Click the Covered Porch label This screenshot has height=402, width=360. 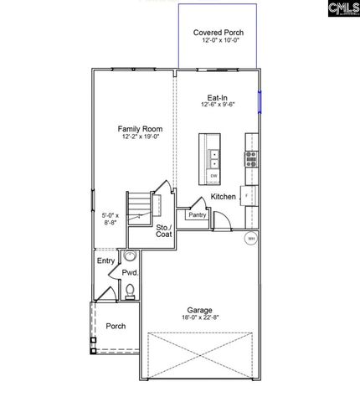[x=219, y=33]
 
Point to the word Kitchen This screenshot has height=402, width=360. [x=224, y=196]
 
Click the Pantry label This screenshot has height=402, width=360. [x=198, y=215]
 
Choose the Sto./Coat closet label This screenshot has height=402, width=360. [x=163, y=231]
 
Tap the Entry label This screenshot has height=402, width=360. [x=105, y=261]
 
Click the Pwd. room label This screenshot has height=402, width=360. [x=130, y=273]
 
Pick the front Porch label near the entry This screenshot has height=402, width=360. [x=116, y=326]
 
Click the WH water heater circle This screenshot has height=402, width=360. [x=249, y=239]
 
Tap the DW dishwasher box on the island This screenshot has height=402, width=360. [x=213, y=176]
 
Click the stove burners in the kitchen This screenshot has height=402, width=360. [x=249, y=157]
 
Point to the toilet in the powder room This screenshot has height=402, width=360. [x=130, y=291]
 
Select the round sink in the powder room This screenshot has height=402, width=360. [x=130, y=256]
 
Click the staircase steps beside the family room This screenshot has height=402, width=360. [x=140, y=205]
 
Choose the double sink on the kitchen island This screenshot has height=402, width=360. [x=213, y=158]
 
